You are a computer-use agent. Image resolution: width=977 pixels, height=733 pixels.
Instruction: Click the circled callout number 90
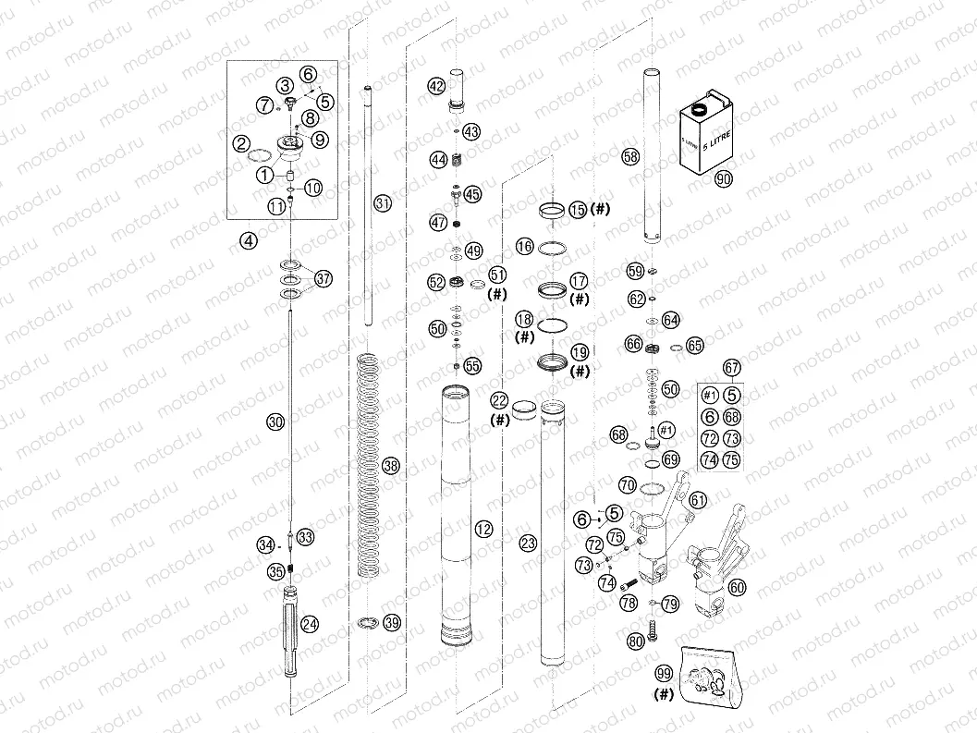point(723,179)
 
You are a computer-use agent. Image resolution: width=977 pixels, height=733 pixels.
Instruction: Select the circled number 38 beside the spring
point(390,467)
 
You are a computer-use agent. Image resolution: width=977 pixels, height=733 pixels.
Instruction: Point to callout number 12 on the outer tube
point(482,529)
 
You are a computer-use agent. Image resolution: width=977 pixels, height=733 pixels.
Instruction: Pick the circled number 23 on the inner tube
point(528,544)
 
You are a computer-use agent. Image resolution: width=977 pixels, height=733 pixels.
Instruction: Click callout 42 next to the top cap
point(436,86)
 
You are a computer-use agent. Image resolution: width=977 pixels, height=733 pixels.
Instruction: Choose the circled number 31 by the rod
point(383,202)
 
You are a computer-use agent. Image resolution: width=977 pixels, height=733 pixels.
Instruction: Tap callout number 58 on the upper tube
point(630,157)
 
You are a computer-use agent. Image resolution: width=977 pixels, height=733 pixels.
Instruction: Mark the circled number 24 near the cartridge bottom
point(310,624)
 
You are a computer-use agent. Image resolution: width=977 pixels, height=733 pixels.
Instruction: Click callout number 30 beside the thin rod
point(275,422)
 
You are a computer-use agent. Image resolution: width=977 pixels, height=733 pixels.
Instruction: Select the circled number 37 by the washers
point(323,278)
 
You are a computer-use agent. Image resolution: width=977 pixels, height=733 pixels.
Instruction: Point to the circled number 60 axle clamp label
point(737,586)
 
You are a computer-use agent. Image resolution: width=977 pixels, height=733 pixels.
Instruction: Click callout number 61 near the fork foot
point(698,500)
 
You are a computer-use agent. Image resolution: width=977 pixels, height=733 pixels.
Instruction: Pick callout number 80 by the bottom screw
point(635,640)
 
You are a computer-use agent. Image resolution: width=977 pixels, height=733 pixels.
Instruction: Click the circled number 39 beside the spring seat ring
point(392,622)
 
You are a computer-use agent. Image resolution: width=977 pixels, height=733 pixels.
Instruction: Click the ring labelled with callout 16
point(553,247)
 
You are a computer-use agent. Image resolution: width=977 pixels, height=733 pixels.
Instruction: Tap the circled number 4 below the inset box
point(248,240)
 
